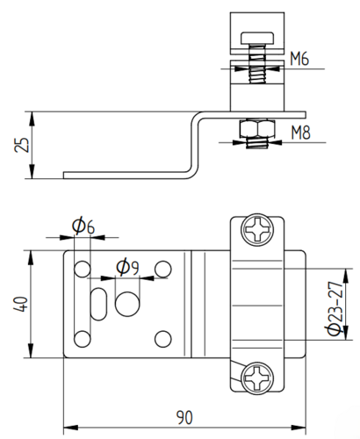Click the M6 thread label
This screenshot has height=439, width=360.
pyautogui.click(x=299, y=59)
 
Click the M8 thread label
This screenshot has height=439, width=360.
pyautogui.click(x=301, y=133)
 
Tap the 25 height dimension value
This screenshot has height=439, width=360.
pyautogui.click(x=22, y=145)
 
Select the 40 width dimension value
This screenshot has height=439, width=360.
pyautogui.click(x=21, y=304)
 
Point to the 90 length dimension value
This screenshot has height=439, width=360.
pyautogui.click(x=184, y=418)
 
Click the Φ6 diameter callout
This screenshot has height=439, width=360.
pyautogui.click(x=83, y=226)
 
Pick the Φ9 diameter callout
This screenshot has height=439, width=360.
pyautogui.click(x=127, y=267)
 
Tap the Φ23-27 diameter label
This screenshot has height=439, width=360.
pyautogui.click(x=335, y=308)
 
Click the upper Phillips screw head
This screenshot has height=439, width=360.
pyautogui.click(x=257, y=230)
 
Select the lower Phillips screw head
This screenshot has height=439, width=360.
pyautogui.click(x=257, y=378)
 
